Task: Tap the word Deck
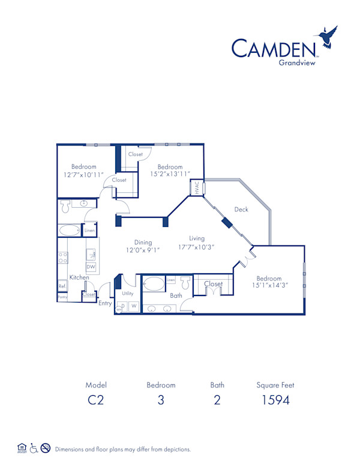[x=241, y=210]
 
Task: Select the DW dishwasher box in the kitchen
[x=91, y=267]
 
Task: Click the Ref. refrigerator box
[x=62, y=286]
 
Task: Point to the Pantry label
[x=62, y=297]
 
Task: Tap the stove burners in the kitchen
[x=62, y=258]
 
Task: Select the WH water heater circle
[x=119, y=309]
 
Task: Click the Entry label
[x=105, y=303]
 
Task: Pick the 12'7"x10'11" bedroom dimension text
[x=83, y=175]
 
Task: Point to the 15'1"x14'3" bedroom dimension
[x=269, y=286]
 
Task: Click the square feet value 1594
[x=275, y=400]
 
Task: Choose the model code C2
[x=96, y=400]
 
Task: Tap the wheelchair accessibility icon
[x=34, y=448]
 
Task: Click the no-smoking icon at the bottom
[x=45, y=448]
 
